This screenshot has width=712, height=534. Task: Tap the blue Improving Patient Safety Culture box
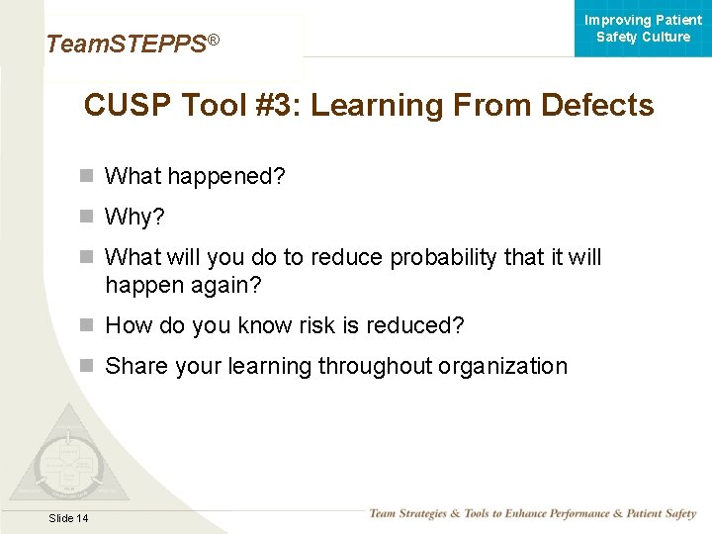pyautogui.click(x=643, y=29)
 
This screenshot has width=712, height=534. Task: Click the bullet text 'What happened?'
pyautogui.click(x=195, y=176)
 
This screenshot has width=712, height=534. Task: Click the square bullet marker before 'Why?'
pyautogui.click(x=87, y=216)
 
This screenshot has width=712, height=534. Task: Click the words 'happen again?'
pyautogui.click(x=183, y=285)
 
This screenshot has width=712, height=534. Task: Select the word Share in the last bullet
pyautogui.click(x=136, y=366)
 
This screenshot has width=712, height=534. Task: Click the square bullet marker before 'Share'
pyautogui.click(x=87, y=366)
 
